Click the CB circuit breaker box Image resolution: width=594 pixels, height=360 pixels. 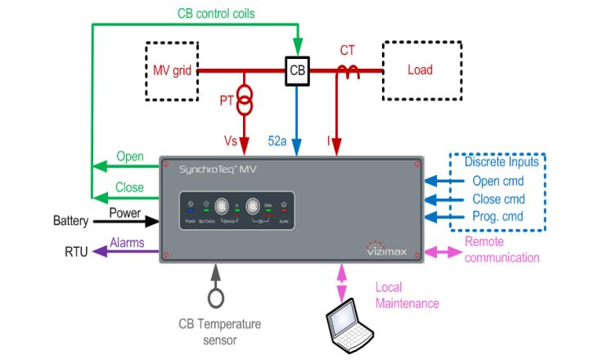(x=297, y=70)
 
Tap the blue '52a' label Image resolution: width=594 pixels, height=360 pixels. (x=278, y=142)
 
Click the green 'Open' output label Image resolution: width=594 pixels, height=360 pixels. (x=130, y=156)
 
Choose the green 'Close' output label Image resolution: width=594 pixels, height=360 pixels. (x=129, y=187)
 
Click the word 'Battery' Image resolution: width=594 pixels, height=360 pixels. (x=70, y=221)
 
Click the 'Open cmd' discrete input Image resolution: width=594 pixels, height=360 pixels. (x=501, y=181)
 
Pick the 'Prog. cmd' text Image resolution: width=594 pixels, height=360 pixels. (x=501, y=215)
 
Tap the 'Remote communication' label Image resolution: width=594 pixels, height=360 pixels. (x=502, y=250)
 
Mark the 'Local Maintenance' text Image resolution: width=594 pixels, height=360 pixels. (x=407, y=295)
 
